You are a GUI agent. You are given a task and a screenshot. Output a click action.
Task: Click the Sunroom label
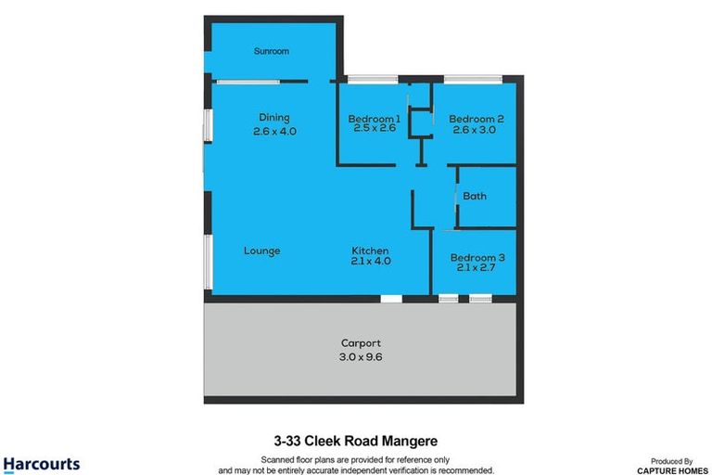pos(272,52)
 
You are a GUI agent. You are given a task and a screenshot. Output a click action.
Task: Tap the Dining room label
pos(274,118)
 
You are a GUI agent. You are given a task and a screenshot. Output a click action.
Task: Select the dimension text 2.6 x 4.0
pos(274,132)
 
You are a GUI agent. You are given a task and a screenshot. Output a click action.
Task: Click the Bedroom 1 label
pos(374,119)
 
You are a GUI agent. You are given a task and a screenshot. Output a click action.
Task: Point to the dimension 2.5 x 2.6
pos(375,129)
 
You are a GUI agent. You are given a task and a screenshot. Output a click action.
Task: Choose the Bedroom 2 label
pos(476,119)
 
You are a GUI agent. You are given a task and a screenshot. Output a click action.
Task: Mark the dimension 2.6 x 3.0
pos(476,131)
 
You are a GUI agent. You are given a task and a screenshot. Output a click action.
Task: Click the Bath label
pos(475,196)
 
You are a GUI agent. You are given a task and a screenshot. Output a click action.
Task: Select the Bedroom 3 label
pos(477,258)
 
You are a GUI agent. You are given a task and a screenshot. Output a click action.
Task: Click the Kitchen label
pos(370,251)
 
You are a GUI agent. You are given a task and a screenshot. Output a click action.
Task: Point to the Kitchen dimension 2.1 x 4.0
pos(371,263)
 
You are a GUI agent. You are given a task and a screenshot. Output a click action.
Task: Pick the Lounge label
pos(262,251)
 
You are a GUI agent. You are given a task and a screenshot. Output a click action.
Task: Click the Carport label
pos(360,342)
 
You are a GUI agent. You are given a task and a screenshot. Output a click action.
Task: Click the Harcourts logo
pos(42,464)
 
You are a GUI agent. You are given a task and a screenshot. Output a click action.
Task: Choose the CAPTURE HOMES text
pos(668,470)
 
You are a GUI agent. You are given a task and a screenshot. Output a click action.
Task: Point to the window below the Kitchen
pos(391,299)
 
